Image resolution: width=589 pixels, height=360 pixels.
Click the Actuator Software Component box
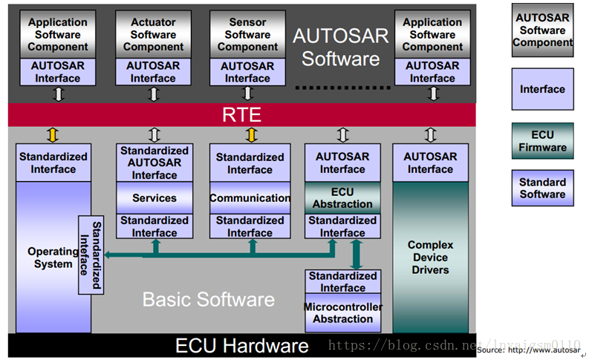153,34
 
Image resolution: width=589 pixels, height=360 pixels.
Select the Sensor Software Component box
248,34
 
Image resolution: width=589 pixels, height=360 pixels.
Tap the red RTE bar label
242,115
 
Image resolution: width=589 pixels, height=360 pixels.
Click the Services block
154,198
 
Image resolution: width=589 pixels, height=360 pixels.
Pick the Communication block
250,198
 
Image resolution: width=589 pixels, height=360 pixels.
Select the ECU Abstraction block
342,198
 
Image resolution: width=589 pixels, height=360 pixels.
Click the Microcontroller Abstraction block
342,313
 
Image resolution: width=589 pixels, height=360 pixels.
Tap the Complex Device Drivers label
430,257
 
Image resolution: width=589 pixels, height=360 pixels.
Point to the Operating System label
52,257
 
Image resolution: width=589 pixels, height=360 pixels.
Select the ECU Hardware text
241,346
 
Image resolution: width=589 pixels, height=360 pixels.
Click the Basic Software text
209,300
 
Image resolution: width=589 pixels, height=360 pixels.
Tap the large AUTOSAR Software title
340,47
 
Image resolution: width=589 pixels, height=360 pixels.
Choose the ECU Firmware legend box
542,140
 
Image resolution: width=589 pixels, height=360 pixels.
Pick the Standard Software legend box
542,188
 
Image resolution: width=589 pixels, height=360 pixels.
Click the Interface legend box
542,89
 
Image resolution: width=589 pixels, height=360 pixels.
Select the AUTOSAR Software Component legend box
542,30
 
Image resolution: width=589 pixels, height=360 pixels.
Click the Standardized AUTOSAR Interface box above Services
154,163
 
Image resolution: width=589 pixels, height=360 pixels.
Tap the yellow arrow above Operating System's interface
53,134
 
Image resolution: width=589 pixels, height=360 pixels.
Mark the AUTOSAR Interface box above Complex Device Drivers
430,163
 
